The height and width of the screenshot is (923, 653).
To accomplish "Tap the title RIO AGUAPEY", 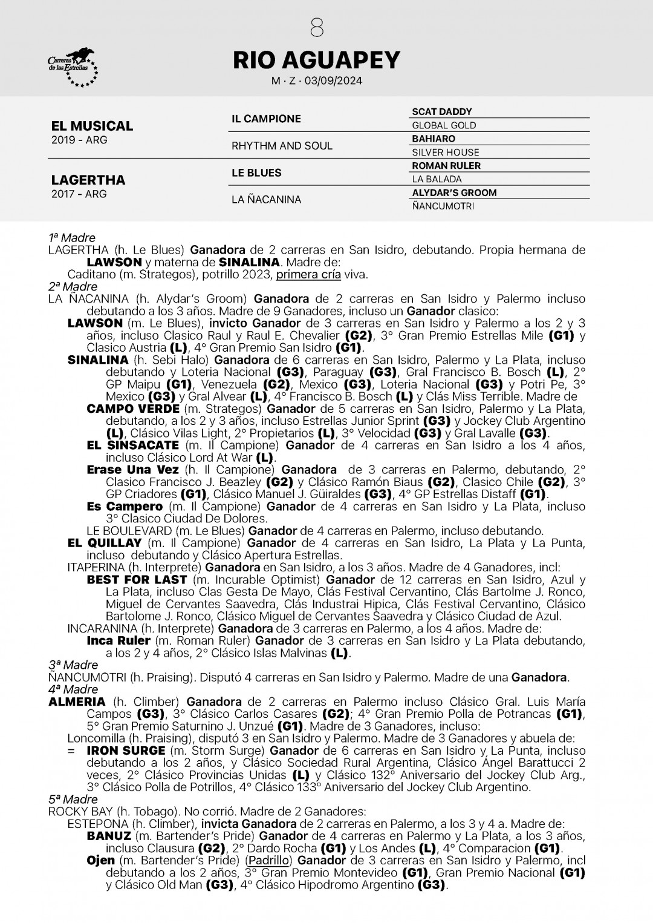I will [x=316, y=59].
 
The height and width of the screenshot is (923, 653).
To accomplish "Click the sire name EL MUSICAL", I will [x=92, y=126].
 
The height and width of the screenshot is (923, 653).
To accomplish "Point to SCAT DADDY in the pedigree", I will [x=441, y=111].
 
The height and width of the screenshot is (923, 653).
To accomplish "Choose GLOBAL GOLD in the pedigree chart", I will [x=444, y=125].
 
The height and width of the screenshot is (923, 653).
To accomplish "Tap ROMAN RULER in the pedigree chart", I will [x=446, y=165].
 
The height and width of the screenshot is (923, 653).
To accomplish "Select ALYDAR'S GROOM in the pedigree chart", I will [x=454, y=192].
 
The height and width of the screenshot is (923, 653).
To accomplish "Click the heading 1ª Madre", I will [x=72, y=238].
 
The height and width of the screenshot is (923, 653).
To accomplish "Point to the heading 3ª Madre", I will [x=72, y=665].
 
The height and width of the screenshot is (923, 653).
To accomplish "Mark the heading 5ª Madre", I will [x=72, y=800].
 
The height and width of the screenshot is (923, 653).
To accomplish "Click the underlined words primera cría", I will [x=308, y=274].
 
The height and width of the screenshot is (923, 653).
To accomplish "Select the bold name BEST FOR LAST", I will [x=137, y=579].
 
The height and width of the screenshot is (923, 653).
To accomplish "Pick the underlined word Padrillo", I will [x=269, y=860].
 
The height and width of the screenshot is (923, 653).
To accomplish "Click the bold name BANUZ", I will [x=109, y=836].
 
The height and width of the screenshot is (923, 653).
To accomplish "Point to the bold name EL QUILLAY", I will [x=105, y=543].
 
